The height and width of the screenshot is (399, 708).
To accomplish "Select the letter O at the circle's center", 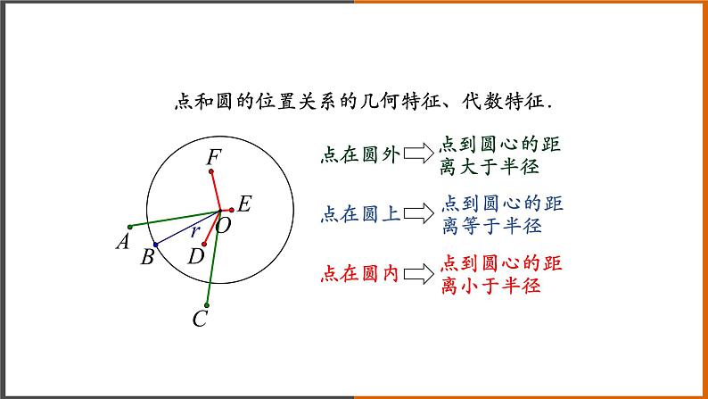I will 224,226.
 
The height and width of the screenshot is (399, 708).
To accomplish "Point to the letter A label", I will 123,241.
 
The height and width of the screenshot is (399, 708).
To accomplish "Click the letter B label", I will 148,259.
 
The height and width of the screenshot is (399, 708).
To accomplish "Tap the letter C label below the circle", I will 201,318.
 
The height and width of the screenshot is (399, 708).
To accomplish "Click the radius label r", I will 195,230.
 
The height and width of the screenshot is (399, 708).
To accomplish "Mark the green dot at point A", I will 129,225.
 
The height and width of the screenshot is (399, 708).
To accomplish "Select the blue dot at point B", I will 156,244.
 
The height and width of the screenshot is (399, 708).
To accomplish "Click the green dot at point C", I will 206,303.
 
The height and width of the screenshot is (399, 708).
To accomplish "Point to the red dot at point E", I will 231,209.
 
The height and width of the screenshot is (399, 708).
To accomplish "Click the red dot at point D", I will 205,243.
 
